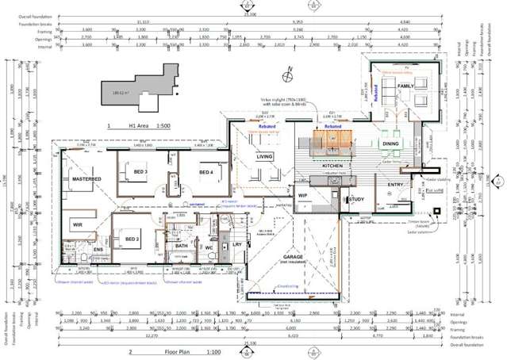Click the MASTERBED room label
pyautogui.click(x=87, y=180)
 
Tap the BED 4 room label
pyautogui.click(x=207, y=172)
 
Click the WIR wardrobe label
pyautogui.click(x=76, y=225)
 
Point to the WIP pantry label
pyautogui.click(x=302, y=194)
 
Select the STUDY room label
pyautogui.click(x=359, y=199)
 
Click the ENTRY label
pyautogui.click(x=396, y=185)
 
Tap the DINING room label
pyautogui.click(x=391, y=144)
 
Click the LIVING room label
pyautogui.click(x=264, y=156)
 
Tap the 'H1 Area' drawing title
pyautogui.click(x=141, y=125)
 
